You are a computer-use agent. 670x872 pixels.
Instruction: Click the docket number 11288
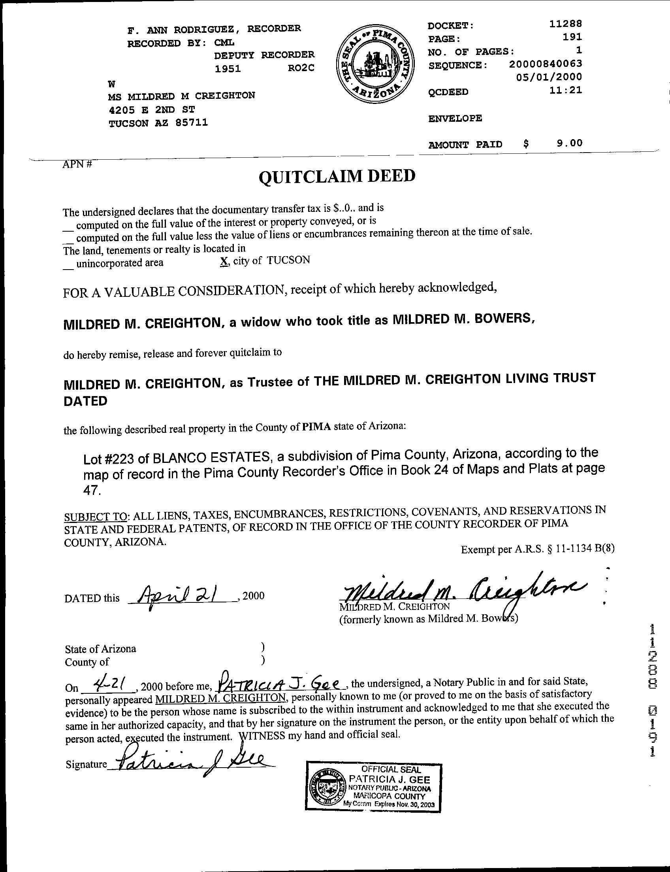pos(566,24)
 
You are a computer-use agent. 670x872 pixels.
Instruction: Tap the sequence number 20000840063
pos(545,64)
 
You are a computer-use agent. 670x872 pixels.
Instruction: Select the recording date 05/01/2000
pos(549,77)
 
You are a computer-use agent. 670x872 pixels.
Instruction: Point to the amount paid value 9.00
pos(570,143)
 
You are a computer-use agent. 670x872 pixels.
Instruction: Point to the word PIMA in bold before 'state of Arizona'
pos(317,427)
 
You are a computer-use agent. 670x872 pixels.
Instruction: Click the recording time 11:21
pos(566,90)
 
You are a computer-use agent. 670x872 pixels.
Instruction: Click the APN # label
pos(77,164)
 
